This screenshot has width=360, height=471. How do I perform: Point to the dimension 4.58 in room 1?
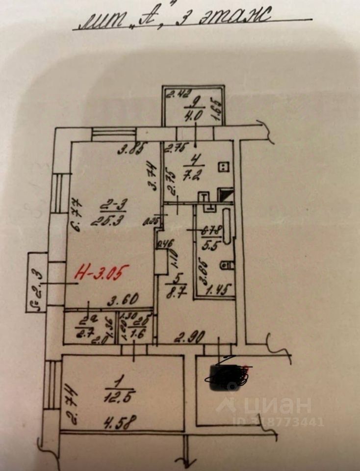pos(121,421)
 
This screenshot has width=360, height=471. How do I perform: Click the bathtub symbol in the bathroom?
pos(227,226)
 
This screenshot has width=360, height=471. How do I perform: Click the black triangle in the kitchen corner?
pos(226,196)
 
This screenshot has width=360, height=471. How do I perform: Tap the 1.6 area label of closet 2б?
pos(136,334)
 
